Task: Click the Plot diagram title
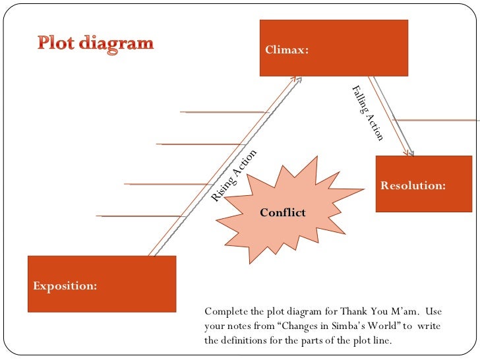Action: pos(95,44)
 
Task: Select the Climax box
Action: pos(334,47)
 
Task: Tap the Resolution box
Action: pos(424,183)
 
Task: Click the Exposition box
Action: pos(102,284)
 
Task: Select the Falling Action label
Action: pos(367,112)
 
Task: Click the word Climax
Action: pos(287,49)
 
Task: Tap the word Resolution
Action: pos(413,186)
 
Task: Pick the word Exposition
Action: pos(65,286)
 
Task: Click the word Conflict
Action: pos(283,212)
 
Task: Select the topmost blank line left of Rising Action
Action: pos(224,112)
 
